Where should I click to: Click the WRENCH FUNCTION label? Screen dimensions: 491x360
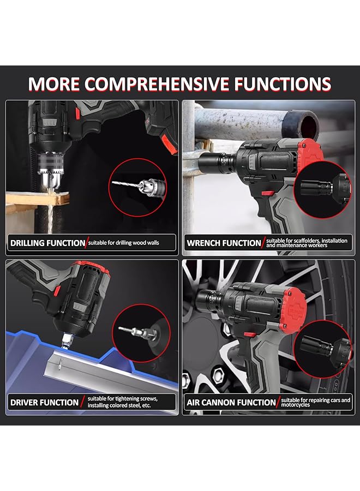224,243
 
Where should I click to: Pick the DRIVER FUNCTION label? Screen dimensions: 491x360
44,403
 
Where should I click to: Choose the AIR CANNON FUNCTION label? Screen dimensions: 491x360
231,403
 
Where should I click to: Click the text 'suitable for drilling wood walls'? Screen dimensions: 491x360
124,243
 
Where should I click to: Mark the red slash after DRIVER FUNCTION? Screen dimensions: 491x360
82,403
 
